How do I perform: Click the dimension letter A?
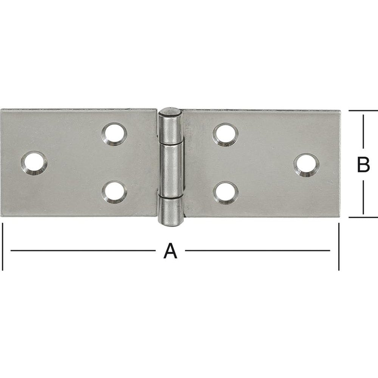(170, 251)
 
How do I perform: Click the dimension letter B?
(363, 165)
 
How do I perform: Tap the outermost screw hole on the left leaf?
(34, 163)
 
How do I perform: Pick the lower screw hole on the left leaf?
(114, 192)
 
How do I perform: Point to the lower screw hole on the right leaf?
(226, 192)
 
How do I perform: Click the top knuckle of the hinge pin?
(170, 125)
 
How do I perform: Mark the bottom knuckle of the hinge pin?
(170, 212)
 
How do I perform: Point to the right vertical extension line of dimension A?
(339, 246)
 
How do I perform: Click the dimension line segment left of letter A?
(83, 250)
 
